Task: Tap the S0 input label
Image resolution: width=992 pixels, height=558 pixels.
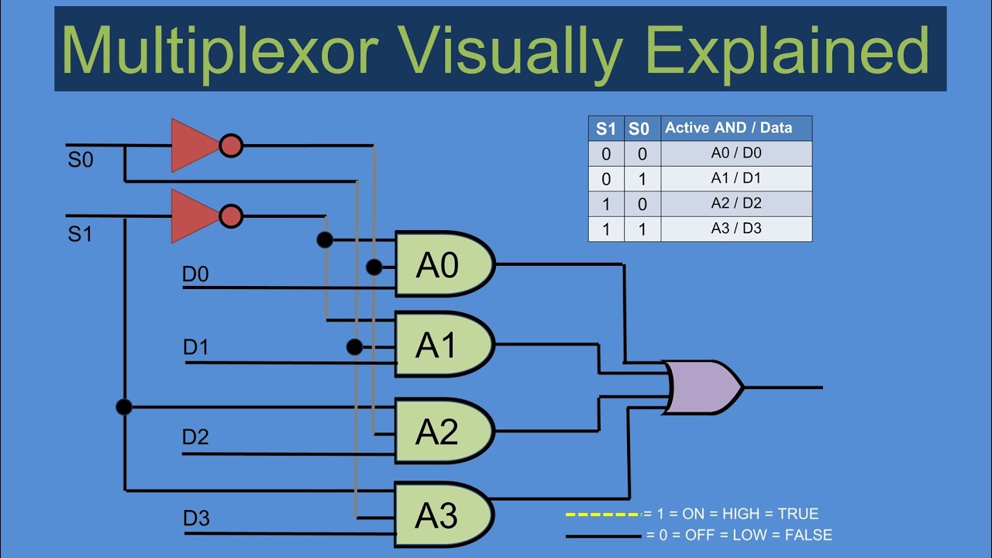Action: tap(80, 161)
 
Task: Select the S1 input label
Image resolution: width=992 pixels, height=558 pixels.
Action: tap(80, 233)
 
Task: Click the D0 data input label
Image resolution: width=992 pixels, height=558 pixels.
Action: tap(195, 274)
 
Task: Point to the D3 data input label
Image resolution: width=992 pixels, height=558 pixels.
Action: tap(196, 518)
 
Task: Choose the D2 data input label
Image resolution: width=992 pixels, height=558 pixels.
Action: tap(195, 437)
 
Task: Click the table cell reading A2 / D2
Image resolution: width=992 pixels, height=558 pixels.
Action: tap(735, 204)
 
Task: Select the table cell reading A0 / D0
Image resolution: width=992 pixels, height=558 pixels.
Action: tap(735, 153)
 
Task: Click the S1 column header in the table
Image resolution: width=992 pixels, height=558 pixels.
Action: tap(605, 129)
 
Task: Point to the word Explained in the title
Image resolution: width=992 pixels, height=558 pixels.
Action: tap(787, 49)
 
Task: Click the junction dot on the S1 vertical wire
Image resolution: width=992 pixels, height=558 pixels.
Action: tap(124, 406)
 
